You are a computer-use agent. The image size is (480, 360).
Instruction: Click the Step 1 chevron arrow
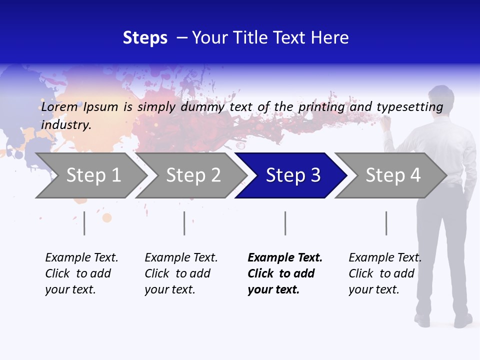[x=93, y=175]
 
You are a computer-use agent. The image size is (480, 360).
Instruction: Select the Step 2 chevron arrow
[x=193, y=175]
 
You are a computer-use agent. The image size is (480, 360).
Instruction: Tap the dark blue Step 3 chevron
[x=292, y=175]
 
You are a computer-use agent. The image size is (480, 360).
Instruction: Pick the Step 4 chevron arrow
[x=392, y=175]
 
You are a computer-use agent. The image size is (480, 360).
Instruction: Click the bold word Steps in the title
[x=145, y=38]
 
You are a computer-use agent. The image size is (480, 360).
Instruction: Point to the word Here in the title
[x=329, y=38]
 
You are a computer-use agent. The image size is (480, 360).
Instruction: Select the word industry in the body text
[x=65, y=124]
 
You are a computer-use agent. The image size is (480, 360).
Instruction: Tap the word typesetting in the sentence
[x=410, y=106]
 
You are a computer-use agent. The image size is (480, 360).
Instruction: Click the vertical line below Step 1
[x=84, y=223]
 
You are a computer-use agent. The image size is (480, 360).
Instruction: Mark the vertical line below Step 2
[x=184, y=223]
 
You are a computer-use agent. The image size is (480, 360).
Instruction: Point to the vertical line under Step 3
[x=285, y=223]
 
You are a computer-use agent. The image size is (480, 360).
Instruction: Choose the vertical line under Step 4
[x=386, y=223]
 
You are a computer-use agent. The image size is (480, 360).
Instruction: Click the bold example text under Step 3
[x=284, y=273]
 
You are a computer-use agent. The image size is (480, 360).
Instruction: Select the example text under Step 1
[x=81, y=273]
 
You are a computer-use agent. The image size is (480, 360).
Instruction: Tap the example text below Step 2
[x=180, y=273]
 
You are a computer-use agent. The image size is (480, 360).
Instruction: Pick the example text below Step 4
[x=384, y=273]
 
